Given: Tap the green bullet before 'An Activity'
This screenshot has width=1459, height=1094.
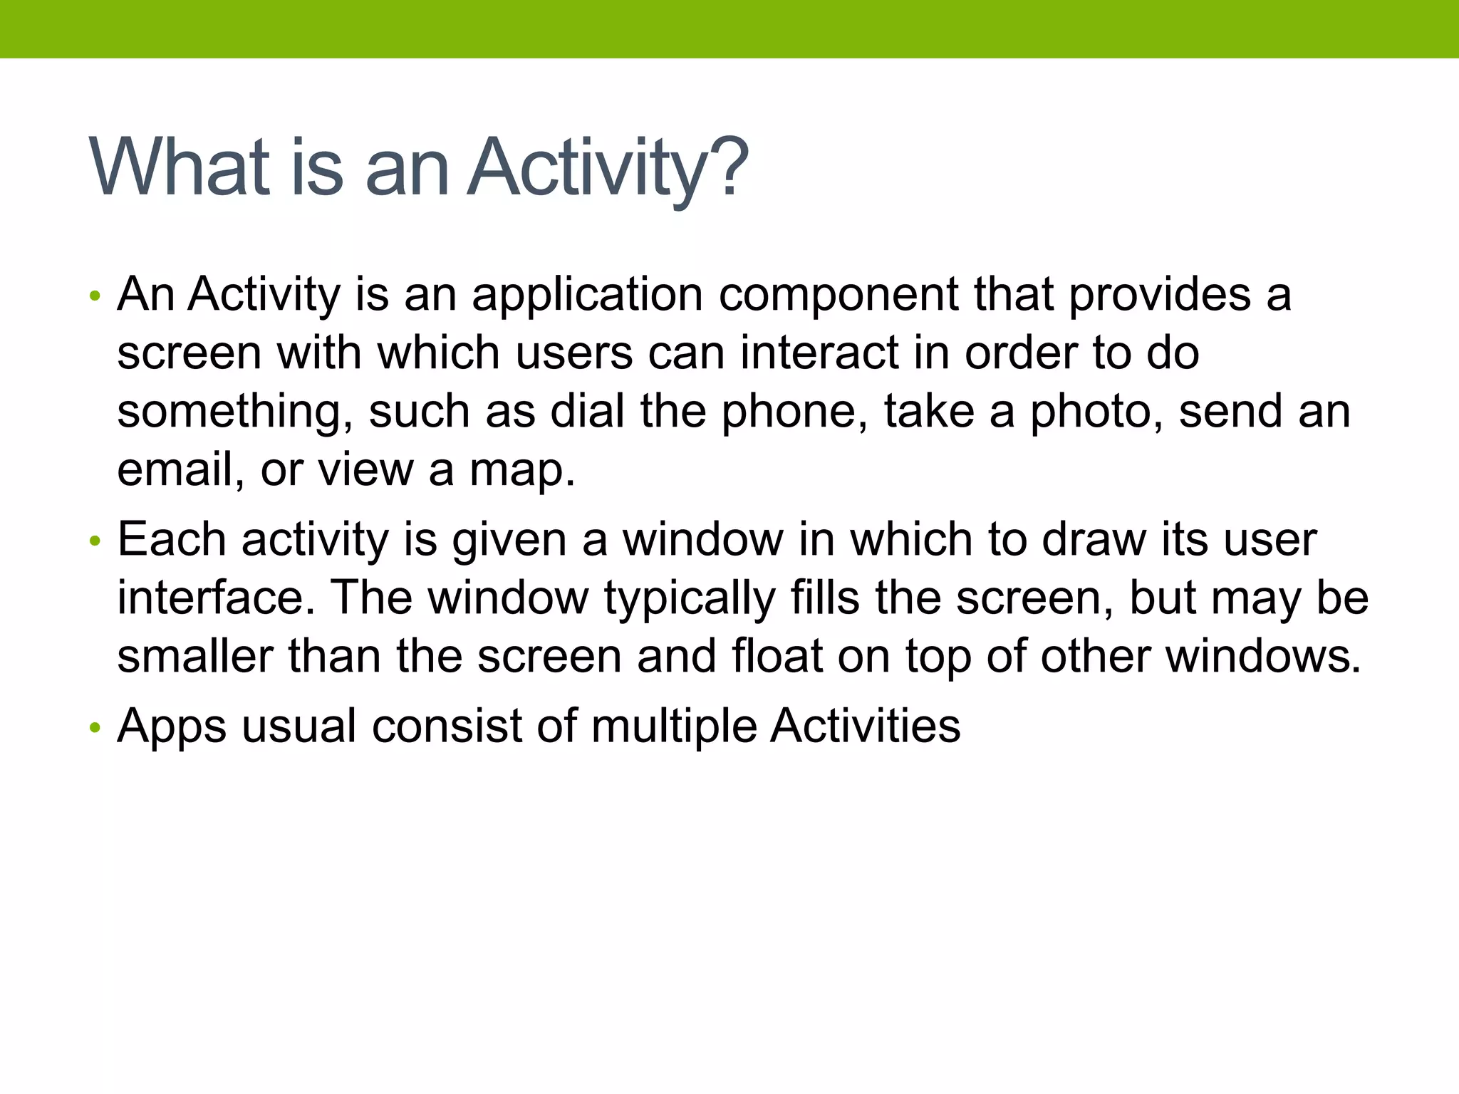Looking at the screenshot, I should (95, 296).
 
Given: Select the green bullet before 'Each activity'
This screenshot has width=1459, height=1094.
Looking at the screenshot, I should (95, 542).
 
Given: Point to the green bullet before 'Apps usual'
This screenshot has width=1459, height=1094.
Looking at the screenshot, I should (95, 729).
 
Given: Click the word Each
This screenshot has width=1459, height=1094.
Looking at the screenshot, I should (171, 539).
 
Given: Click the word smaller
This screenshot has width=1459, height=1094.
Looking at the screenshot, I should (194, 656).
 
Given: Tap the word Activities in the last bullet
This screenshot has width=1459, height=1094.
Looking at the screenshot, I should (865, 726).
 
